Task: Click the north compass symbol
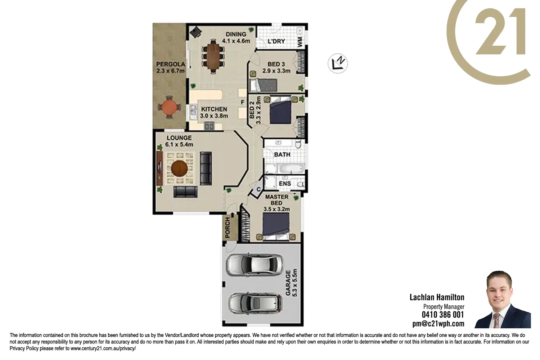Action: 338,63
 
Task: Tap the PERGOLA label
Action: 171,64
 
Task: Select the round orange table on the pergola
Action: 168,107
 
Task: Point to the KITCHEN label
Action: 214,109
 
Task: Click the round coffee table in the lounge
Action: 179,168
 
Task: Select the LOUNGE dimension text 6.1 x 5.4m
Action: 179,144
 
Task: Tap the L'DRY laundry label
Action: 276,41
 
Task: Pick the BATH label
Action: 282,154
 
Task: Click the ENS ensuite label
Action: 285,184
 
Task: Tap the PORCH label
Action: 228,228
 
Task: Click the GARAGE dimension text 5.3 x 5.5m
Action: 295,283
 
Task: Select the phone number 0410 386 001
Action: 443,315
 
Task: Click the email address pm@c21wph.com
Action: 438,324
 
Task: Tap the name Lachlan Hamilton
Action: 437,297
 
